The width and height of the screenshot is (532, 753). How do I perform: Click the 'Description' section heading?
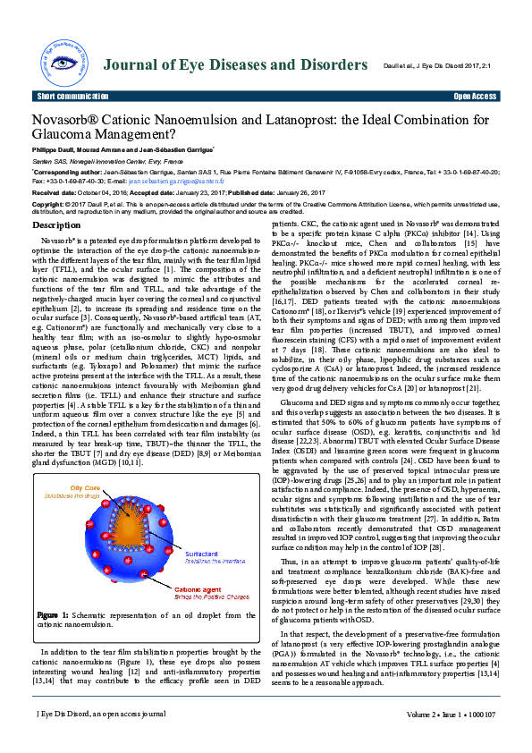[56, 225]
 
